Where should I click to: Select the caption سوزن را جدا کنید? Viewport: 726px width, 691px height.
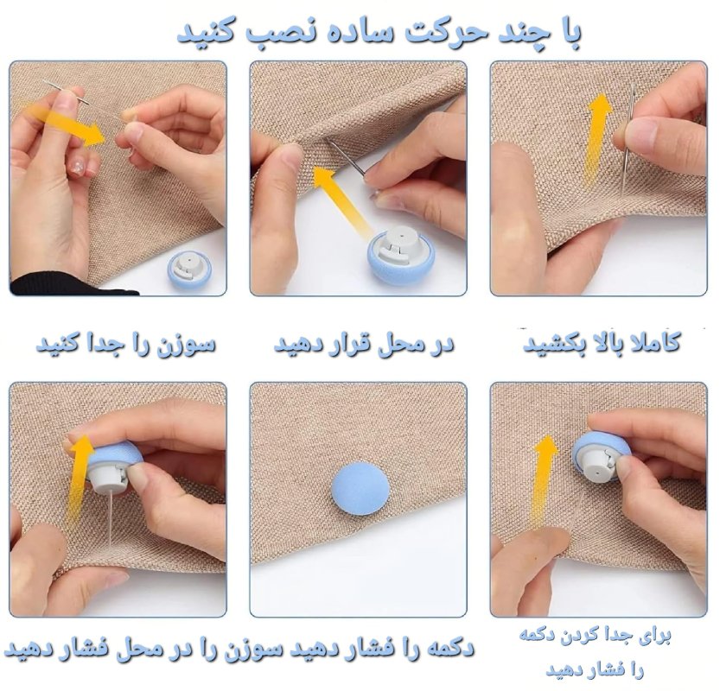click(126, 345)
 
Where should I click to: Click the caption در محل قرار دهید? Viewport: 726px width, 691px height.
click(364, 345)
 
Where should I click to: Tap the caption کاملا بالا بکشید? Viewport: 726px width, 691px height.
click(602, 345)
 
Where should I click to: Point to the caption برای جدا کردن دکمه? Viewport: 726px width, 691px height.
click(595, 636)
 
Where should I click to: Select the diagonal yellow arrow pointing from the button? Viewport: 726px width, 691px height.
click(341, 198)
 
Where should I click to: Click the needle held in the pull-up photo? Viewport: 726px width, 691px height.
click(628, 139)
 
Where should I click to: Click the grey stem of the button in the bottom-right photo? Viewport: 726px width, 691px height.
click(598, 466)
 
